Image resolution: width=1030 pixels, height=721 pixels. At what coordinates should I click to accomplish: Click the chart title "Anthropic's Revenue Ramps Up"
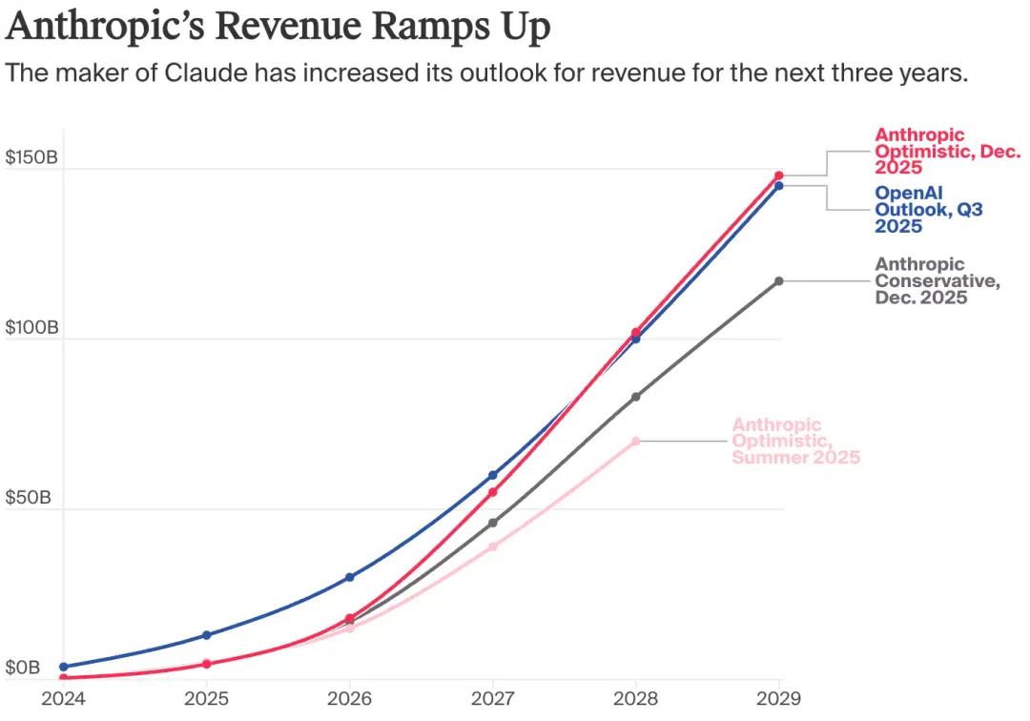point(278,27)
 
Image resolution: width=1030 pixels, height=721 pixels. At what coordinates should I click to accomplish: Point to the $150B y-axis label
point(31,157)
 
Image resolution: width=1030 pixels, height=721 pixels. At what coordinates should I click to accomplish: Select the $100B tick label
point(31,327)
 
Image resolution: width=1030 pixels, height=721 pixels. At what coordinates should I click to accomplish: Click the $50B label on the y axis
point(29,497)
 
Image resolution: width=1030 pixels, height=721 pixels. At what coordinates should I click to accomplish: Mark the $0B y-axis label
point(23,668)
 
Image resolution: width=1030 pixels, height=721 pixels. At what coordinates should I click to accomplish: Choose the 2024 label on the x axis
point(64,698)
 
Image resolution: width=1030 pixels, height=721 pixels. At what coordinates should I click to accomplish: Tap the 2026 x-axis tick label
point(349,698)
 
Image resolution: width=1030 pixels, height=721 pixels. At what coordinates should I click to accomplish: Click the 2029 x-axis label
point(778,698)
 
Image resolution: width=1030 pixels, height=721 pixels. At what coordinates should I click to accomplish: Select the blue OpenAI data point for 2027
point(493,475)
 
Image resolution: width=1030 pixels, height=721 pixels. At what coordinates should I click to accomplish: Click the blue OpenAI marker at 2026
point(350,577)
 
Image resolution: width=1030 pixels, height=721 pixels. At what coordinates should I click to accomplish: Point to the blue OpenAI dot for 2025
point(207,635)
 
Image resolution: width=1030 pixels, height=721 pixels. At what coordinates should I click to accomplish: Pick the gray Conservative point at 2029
point(779,281)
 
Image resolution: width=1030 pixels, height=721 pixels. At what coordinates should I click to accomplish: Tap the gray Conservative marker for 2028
point(636,397)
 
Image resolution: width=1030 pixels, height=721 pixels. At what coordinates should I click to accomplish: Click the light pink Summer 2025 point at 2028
point(636,442)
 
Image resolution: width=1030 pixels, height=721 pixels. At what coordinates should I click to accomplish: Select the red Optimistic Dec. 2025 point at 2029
point(779,175)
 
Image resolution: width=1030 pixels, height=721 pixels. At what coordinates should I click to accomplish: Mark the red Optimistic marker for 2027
point(493,492)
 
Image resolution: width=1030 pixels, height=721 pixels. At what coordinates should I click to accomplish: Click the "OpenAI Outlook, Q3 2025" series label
point(929,210)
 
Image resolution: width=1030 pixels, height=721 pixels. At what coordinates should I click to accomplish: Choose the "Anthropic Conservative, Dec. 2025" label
point(937,281)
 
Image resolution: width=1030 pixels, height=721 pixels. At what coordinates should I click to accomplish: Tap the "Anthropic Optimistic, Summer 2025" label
point(796,442)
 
